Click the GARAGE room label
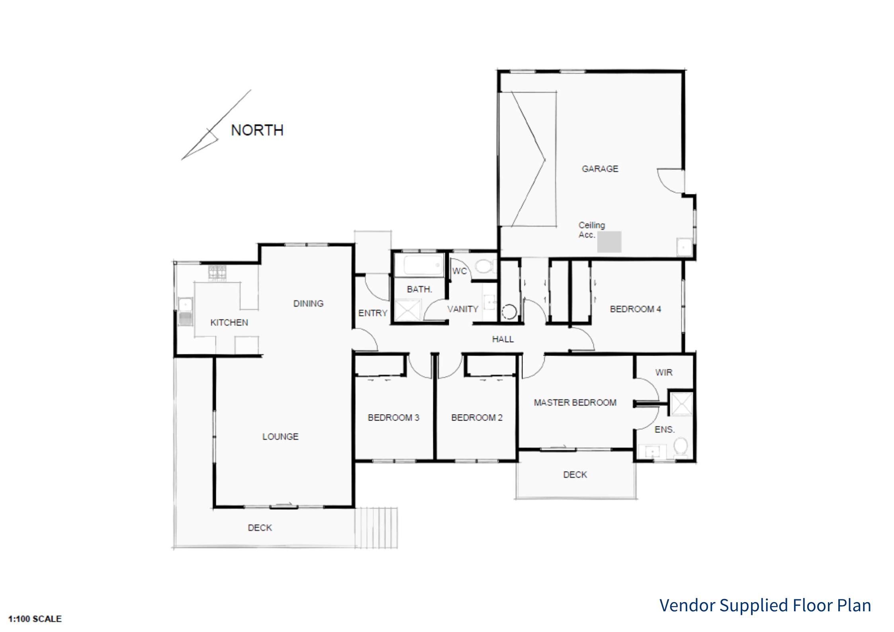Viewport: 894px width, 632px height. pyautogui.click(x=600, y=169)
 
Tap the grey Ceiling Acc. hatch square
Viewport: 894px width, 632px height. pyautogui.click(x=609, y=242)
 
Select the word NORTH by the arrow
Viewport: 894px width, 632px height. pyautogui.click(x=257, y=130)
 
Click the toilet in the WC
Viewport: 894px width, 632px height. pyautogui.click(x=485, y=266)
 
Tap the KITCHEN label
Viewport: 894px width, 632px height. pyautogui.click(x=229, y=323)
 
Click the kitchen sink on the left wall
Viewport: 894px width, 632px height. pyautogui.click(x=185, y=311)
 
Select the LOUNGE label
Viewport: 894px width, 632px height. pyautogui.click(x=280, y=436)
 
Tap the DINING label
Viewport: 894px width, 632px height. pyautogui.click(x=308, y=303)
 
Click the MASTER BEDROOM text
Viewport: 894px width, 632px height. pyautogui.click(x=575, y=403)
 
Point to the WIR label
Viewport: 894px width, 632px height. pyautogui.click(x=664, y=372)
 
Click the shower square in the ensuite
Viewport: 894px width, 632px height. pyautogui.click(x=681, y=403)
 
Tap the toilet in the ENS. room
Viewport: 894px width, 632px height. pyautogui.click(x=681, y=446)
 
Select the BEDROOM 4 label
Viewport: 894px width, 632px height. pyautogui.click(x=636, y=309)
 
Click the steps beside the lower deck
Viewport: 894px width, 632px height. pyautogui.click(x=376, y=528)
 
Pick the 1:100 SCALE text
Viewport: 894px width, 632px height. pyautogui.click(x=35, y=619)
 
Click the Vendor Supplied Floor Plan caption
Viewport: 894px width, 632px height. pyautogui.click(x=765, y=606)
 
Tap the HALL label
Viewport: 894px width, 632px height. pyautogui.click(x=503, y=339)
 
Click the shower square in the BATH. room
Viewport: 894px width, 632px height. pyautogui.click(x=408, y=310)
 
